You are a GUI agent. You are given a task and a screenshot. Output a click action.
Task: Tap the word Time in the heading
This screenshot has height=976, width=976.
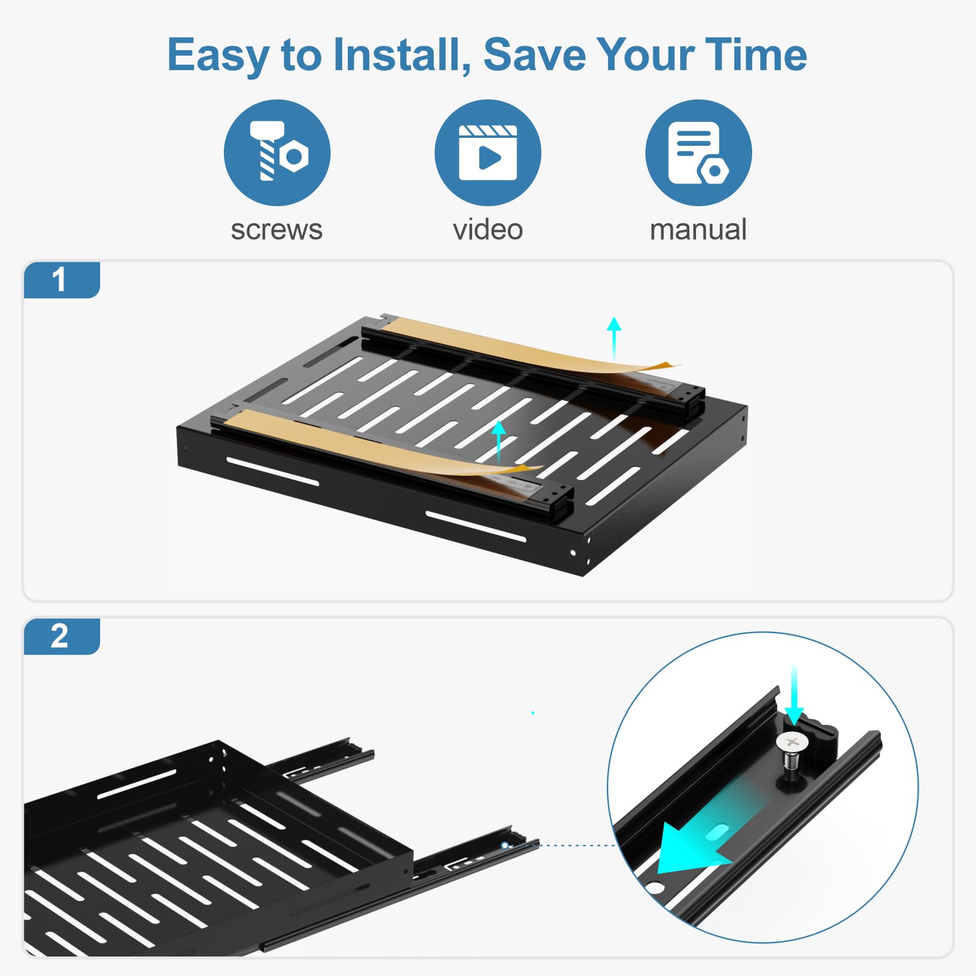click(x=756, y=55)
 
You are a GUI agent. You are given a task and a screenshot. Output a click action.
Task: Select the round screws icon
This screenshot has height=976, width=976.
click(x=277, y=152)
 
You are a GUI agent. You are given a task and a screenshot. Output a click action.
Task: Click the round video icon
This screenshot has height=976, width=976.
click(x=487, y=152)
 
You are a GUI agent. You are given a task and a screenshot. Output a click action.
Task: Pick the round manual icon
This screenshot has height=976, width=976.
click(x=698, y=152)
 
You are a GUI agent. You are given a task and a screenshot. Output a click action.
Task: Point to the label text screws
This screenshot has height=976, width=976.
click(x=276, y=230)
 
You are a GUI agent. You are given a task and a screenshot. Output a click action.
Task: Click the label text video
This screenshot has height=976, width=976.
click(x=487, y=230)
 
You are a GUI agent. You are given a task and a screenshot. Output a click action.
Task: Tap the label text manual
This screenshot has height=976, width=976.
click(x=698, y=230)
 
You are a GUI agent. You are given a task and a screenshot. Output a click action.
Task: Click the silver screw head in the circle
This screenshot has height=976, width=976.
click(x=792, y=742)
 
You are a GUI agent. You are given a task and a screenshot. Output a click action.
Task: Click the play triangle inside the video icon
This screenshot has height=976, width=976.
click(x=489, y=158)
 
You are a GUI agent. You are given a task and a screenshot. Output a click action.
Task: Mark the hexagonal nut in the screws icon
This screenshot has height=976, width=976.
click(x=295, y=157)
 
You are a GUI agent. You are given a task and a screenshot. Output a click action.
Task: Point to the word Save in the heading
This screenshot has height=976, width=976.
click(x=534, y=55)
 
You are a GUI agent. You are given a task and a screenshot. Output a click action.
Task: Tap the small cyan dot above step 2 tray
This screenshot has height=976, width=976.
click(x=533, y=712)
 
